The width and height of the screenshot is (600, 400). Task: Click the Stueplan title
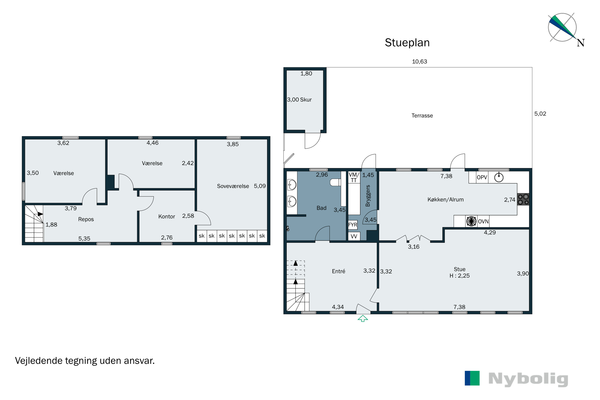[407, 43]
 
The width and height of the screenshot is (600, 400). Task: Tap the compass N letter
[581, 43]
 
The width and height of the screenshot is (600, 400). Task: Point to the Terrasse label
[422, 116]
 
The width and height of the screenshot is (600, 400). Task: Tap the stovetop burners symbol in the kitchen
[523, 199]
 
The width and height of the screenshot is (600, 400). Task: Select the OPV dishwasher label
[482, 177]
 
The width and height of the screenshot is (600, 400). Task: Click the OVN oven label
[483, 221]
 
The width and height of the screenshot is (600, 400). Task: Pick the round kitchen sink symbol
[499, 177]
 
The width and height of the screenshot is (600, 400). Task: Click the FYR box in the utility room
[353, 225]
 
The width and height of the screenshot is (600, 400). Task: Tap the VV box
[354, 236]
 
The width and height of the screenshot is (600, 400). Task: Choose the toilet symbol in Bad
[335, 182]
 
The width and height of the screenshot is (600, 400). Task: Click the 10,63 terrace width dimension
[419, 61]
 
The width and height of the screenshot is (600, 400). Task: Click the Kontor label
[167, 217]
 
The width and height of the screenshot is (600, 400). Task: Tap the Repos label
[86, 219]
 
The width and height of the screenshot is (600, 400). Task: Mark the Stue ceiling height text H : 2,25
[459, 276]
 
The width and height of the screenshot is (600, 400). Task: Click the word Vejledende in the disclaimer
[39, 361]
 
